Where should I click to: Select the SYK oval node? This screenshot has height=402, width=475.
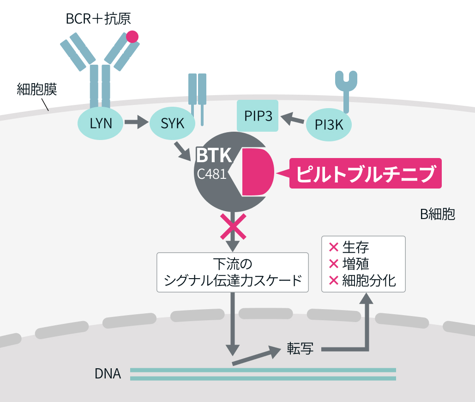[172, 123]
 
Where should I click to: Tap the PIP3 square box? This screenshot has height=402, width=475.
[258, 116]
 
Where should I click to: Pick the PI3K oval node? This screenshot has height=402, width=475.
[329, 124]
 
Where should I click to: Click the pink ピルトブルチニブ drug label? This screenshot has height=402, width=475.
[365, 174]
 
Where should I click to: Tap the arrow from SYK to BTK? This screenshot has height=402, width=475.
[182, 151]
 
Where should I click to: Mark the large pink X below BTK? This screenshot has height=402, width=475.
[232, 226]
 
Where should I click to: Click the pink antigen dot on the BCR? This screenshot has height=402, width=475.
[132, 37]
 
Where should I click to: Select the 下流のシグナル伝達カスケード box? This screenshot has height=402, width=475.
[233, 272]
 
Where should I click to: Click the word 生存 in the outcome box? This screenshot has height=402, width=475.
[356, 248]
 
